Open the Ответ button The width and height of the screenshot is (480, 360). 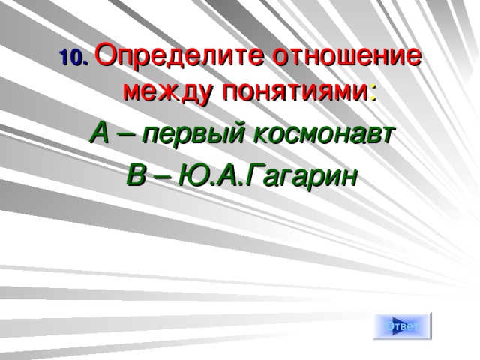(403, 325)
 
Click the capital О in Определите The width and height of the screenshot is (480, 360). (107, 56)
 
